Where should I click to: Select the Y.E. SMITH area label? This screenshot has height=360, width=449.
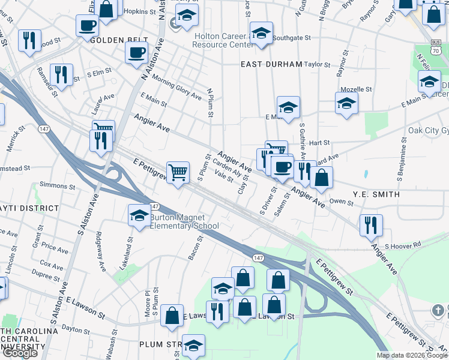point(376,194)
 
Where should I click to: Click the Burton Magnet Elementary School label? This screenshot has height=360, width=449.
point(184,221)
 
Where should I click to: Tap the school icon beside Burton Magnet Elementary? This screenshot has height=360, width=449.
point(139,216)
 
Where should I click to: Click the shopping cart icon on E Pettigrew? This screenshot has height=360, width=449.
point(178,173)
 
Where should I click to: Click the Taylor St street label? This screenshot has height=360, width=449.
point(318,64)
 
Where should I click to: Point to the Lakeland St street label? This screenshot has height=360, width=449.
point(125,252)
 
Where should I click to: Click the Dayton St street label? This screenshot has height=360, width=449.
point(75,328)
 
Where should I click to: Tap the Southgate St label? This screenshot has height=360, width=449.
point(292,37)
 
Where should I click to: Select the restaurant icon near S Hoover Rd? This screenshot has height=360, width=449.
point(371,225)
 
